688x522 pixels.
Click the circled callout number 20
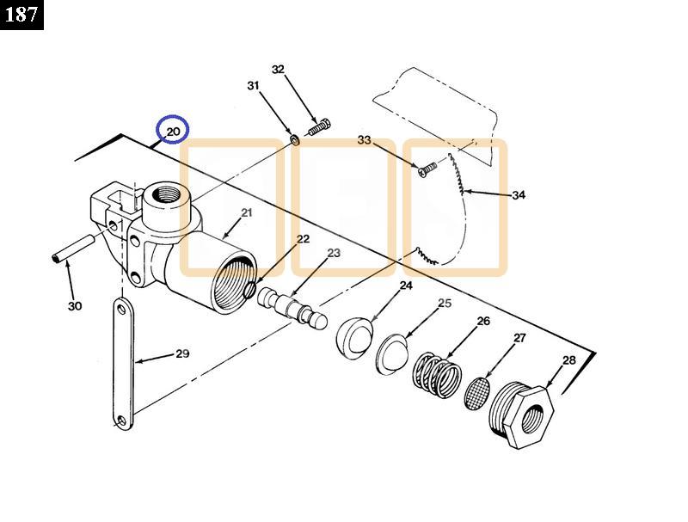(x=173, y=131)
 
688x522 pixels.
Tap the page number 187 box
(x=21, y=15)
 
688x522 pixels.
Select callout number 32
(x=278, y=70)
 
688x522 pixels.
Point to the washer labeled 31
(x=294, y=138)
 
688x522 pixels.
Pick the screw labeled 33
(x=424, y=171)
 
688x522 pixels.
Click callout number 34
(x=519, y=195)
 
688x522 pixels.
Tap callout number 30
(x=75, y=306)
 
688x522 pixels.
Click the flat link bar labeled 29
(x=121, y=361)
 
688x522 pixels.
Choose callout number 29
(x=182, y=353)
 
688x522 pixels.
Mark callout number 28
(x=568, y=360)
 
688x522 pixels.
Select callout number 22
(x=303, y=239)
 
